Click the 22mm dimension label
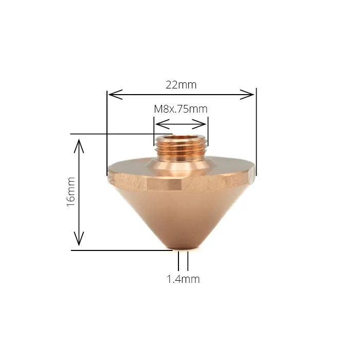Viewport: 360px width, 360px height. (x=181, y=84)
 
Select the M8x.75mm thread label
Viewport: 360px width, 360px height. (x=181, y=109)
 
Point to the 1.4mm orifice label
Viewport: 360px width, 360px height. (x=183, y=279)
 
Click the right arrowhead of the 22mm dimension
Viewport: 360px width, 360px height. (x=251, y=94)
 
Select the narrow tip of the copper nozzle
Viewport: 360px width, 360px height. (x=183, y=246)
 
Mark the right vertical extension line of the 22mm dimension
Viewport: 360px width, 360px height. (x=256, y=129)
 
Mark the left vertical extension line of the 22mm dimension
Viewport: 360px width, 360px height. (x=106, y=129)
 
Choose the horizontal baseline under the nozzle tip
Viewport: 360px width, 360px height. (x=123, y=250)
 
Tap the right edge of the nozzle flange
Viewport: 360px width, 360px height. (x=253, y=174)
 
